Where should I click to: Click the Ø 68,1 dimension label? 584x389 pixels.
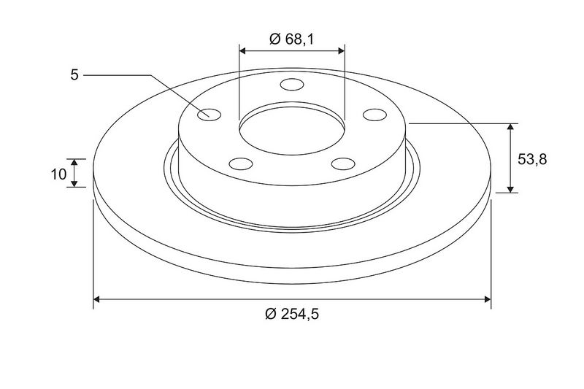coord(291,39)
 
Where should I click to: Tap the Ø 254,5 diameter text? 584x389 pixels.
coord(292,314)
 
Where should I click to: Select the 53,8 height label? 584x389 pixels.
coord(532,159)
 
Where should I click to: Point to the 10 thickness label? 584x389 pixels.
coord(58,174)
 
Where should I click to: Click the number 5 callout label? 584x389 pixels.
coord(74,75)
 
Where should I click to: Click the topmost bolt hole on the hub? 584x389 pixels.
coord(292,85)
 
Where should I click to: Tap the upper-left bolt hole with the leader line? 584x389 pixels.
coord(209,115)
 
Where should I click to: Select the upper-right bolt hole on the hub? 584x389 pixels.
coord(374,115)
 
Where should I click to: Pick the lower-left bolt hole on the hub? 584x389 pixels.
coord(241,163)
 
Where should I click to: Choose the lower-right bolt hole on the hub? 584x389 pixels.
coord(343,163)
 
